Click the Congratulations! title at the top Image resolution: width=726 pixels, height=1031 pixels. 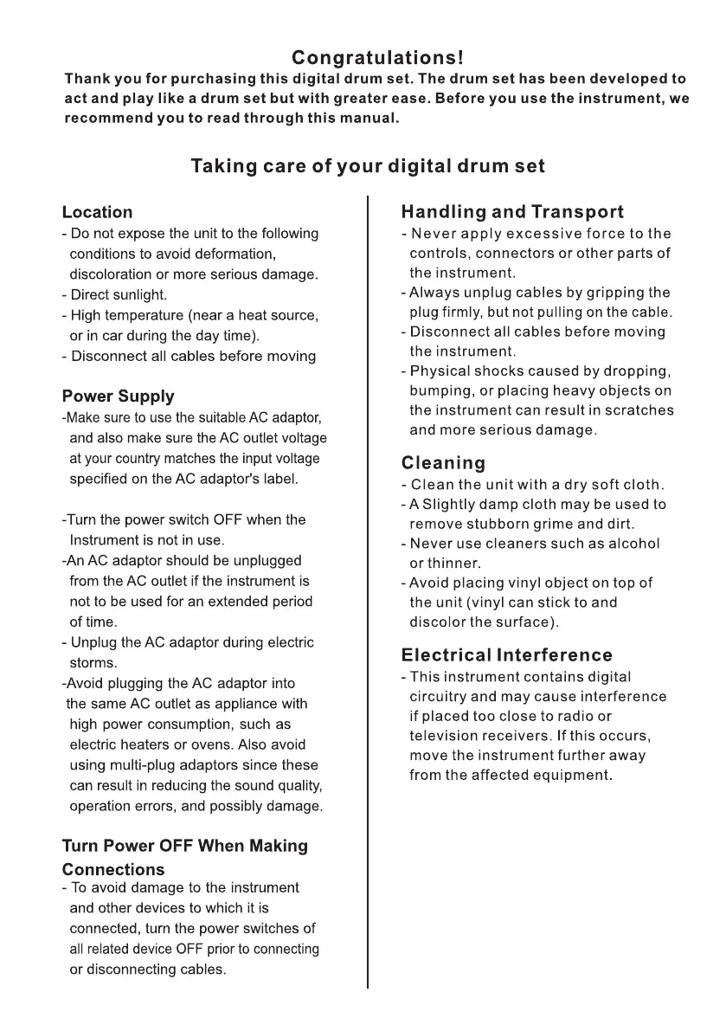point(378,58)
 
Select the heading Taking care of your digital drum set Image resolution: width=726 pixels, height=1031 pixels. point(368,165)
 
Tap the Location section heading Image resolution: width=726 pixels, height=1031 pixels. point(98,212)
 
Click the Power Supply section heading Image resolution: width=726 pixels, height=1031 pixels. point(118,396)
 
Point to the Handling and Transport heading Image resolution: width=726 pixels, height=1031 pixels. point(512,212)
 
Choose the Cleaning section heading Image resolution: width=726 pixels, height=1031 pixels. point(444,463)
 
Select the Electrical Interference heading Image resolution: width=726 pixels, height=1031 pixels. point(506,654)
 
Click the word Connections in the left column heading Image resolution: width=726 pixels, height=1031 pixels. point(113,869)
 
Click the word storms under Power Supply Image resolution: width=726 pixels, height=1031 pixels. point(93,663)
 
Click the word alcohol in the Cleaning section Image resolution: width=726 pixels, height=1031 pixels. point(630,544)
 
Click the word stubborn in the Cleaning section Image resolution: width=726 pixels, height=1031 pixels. point(502,524)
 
